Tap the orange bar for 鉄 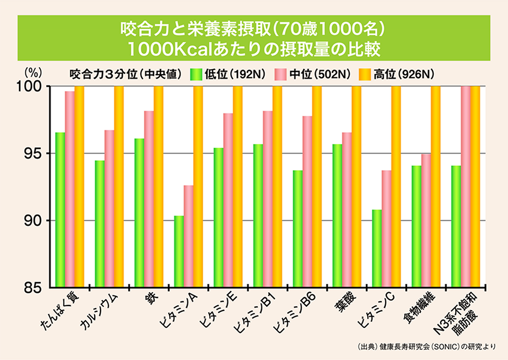[x=158, y=186]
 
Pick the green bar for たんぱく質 [x=60, y=210]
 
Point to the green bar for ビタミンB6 [x=297, y=229]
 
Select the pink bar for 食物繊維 [x=426, y=221]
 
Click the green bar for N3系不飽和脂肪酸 [x=456, y=227]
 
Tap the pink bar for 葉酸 [x=347, y=210]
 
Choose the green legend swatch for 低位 [x=196, y=74]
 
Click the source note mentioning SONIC [x=427, y=347]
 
